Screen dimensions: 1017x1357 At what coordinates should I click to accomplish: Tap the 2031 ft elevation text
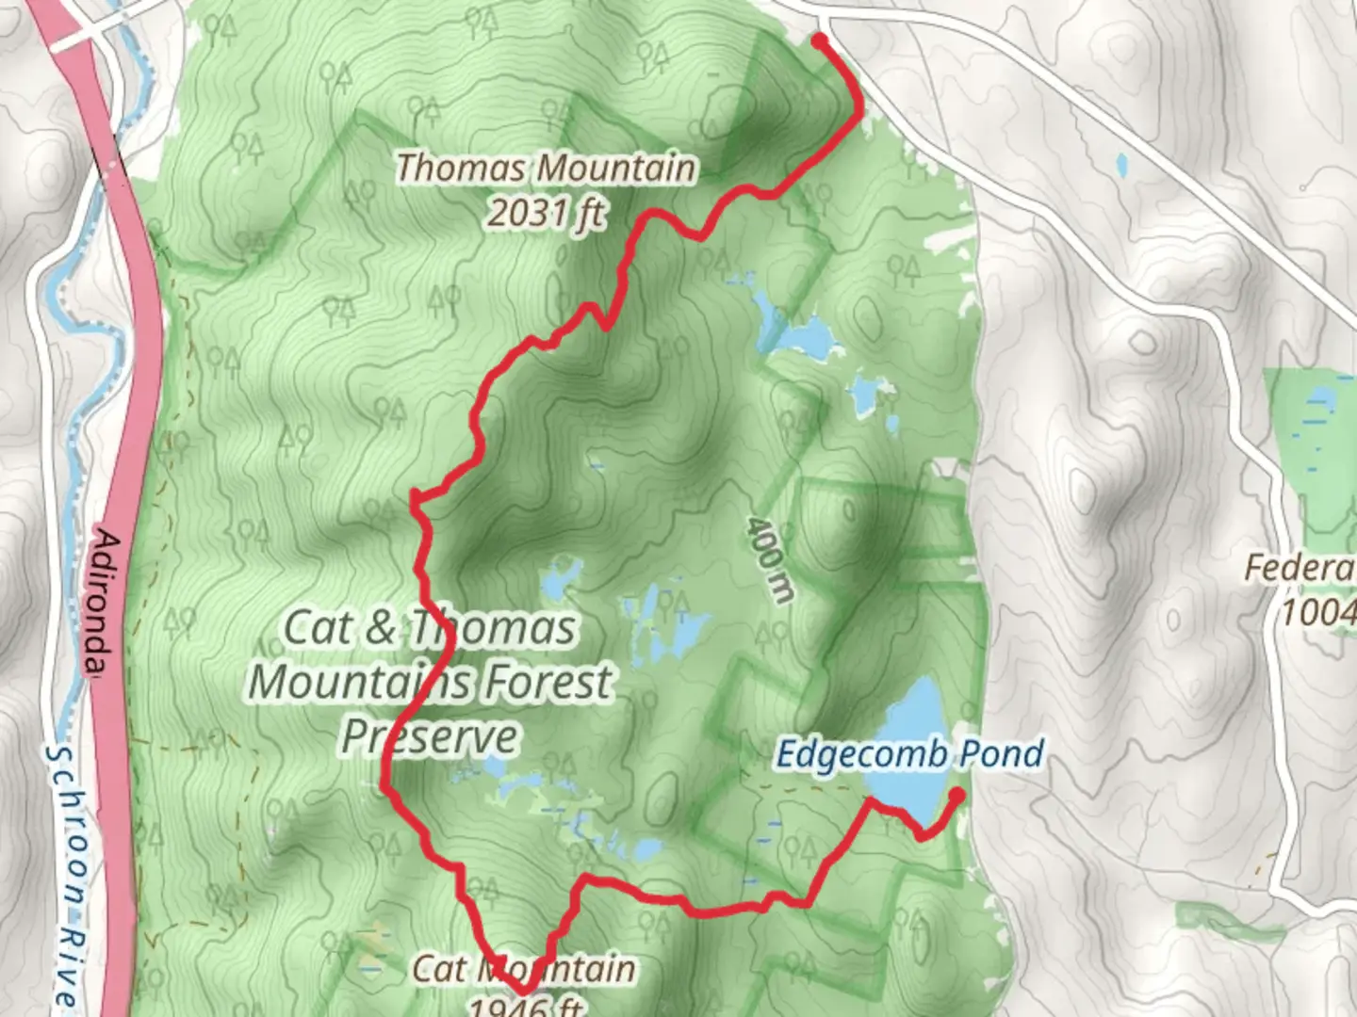coord(547,214)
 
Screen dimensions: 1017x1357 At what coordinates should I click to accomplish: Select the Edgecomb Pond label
coord(909,754)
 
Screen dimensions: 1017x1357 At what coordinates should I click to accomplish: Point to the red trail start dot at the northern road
coord(819,40)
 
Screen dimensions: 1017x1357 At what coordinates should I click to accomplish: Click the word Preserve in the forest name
coord(430,736)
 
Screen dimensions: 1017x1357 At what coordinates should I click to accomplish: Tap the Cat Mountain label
coord(524,968)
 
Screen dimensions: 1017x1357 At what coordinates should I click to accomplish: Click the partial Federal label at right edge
coord(1300,568)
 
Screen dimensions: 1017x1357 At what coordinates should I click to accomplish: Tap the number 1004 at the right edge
coord(1317,612)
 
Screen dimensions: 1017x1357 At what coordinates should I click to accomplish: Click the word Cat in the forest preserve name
coord(319,628)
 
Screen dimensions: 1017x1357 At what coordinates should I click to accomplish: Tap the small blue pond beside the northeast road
coord(1121,167)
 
